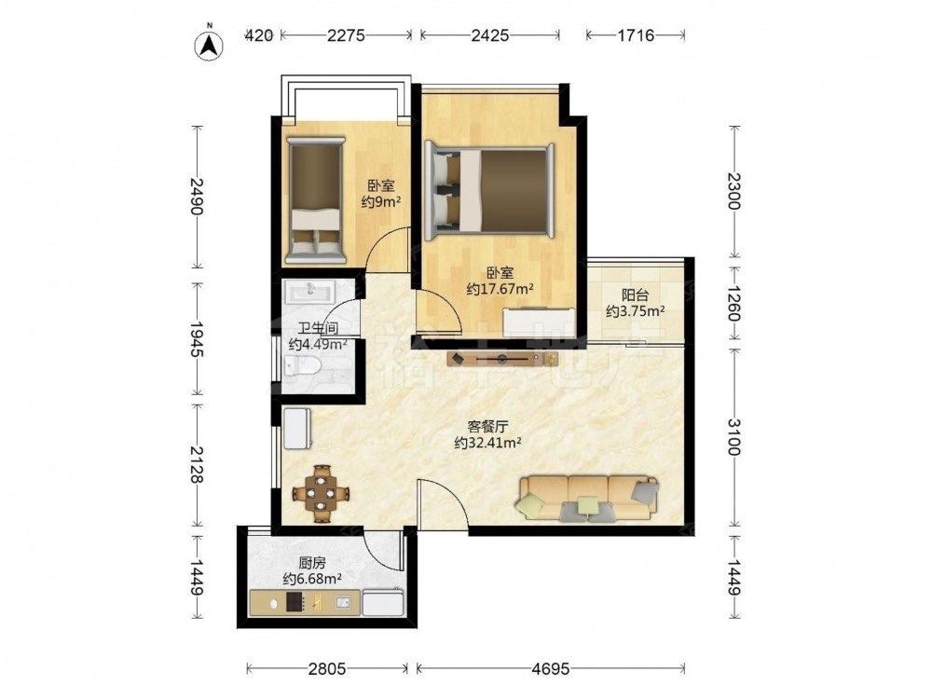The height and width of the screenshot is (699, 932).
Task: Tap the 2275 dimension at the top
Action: click(346, 35)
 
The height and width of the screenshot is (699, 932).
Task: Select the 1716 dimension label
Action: click(636, 35)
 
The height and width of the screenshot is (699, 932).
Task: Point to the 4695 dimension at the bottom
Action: click(551, 669)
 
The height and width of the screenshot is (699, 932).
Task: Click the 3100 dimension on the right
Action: click(734, 437)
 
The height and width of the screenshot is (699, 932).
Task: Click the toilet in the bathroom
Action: click(303, 366)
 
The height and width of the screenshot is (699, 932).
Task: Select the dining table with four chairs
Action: click(321, 493)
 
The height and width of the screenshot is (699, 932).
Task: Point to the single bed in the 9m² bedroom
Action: click(316, 200)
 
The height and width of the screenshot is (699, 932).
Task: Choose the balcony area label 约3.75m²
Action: click(636, 310)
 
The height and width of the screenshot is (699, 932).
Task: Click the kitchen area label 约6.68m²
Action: click(312, 579)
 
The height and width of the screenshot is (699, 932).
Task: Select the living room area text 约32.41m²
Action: click(488, 442)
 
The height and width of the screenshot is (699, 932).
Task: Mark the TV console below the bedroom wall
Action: click(503, 359)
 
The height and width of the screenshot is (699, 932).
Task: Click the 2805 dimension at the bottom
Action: click(327, 669)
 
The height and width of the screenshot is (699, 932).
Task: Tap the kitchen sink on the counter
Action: click(344, 603)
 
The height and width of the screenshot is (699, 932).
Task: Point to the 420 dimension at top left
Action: click(260, 35)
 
